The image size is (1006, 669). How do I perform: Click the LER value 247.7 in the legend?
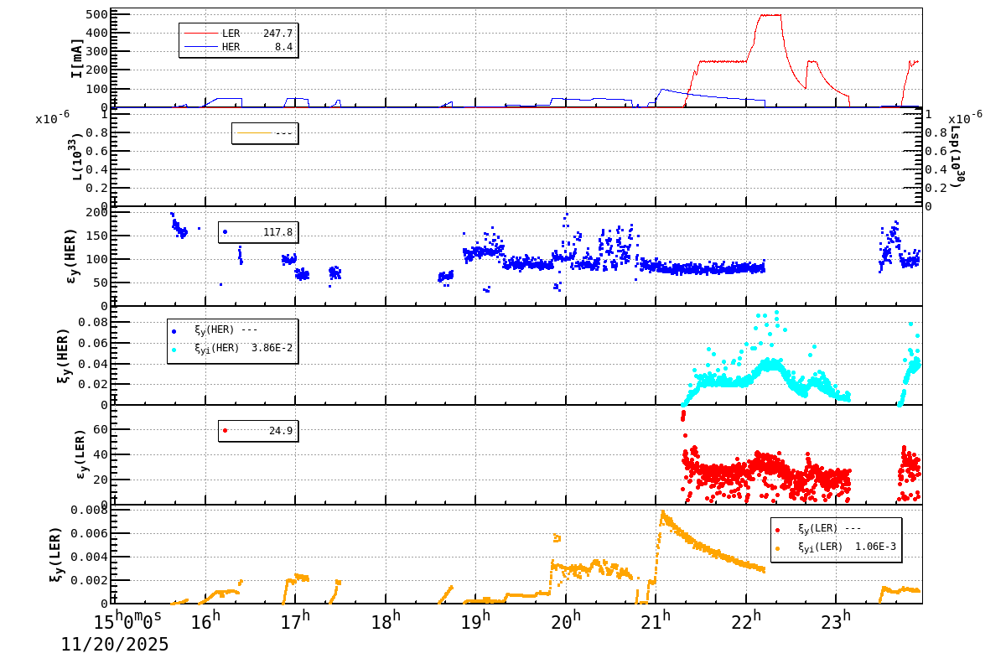277,34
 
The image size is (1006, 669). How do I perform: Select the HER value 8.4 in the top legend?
283,47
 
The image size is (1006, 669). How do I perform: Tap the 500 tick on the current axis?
96,14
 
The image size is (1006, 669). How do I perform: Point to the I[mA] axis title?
77,58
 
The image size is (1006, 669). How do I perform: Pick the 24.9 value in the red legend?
280,431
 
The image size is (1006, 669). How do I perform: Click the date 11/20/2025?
115,645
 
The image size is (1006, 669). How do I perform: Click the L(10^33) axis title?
77,158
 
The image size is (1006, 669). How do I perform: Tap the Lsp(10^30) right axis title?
956,158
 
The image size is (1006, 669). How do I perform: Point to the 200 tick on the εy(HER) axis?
98,212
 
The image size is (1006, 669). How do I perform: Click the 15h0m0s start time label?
127,621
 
